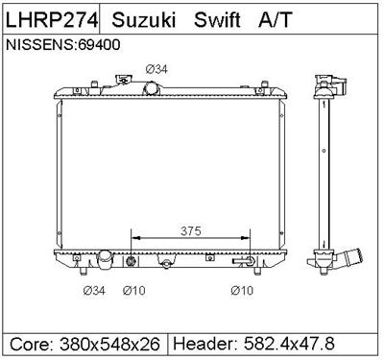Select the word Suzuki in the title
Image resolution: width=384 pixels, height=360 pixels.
pyautogui.click(x=145, y=20)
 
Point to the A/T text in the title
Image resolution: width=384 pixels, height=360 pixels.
pyautogui.click(x=273, y=20)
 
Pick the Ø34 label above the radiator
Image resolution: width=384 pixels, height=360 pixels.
pyautogui.click(x=156, y=67)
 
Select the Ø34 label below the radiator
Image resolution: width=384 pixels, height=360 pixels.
pyautogui.click(x=94, y=291)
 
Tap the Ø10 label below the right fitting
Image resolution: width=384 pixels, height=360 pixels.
pyautogui.click(x=242, y=291)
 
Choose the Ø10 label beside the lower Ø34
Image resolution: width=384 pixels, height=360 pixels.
pyautogui.click(x=135, y=291)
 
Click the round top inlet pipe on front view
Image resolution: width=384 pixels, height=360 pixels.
pyautogui.click(x=152, y=88)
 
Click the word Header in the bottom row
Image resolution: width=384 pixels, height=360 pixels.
pyautogui.click(x=204, y=344)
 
